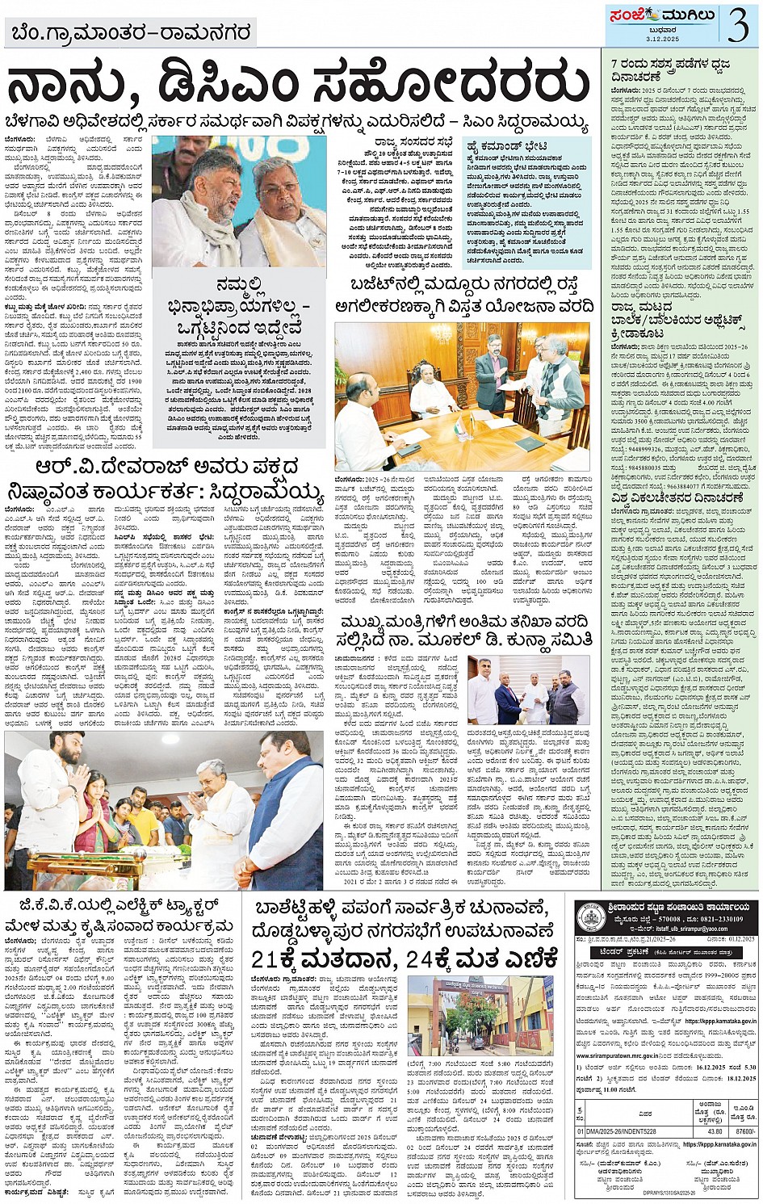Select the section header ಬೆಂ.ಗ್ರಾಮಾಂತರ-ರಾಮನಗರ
pyautogui.click(x=131, y=33)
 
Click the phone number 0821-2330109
pyautogui.click(x=722, y=919)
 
